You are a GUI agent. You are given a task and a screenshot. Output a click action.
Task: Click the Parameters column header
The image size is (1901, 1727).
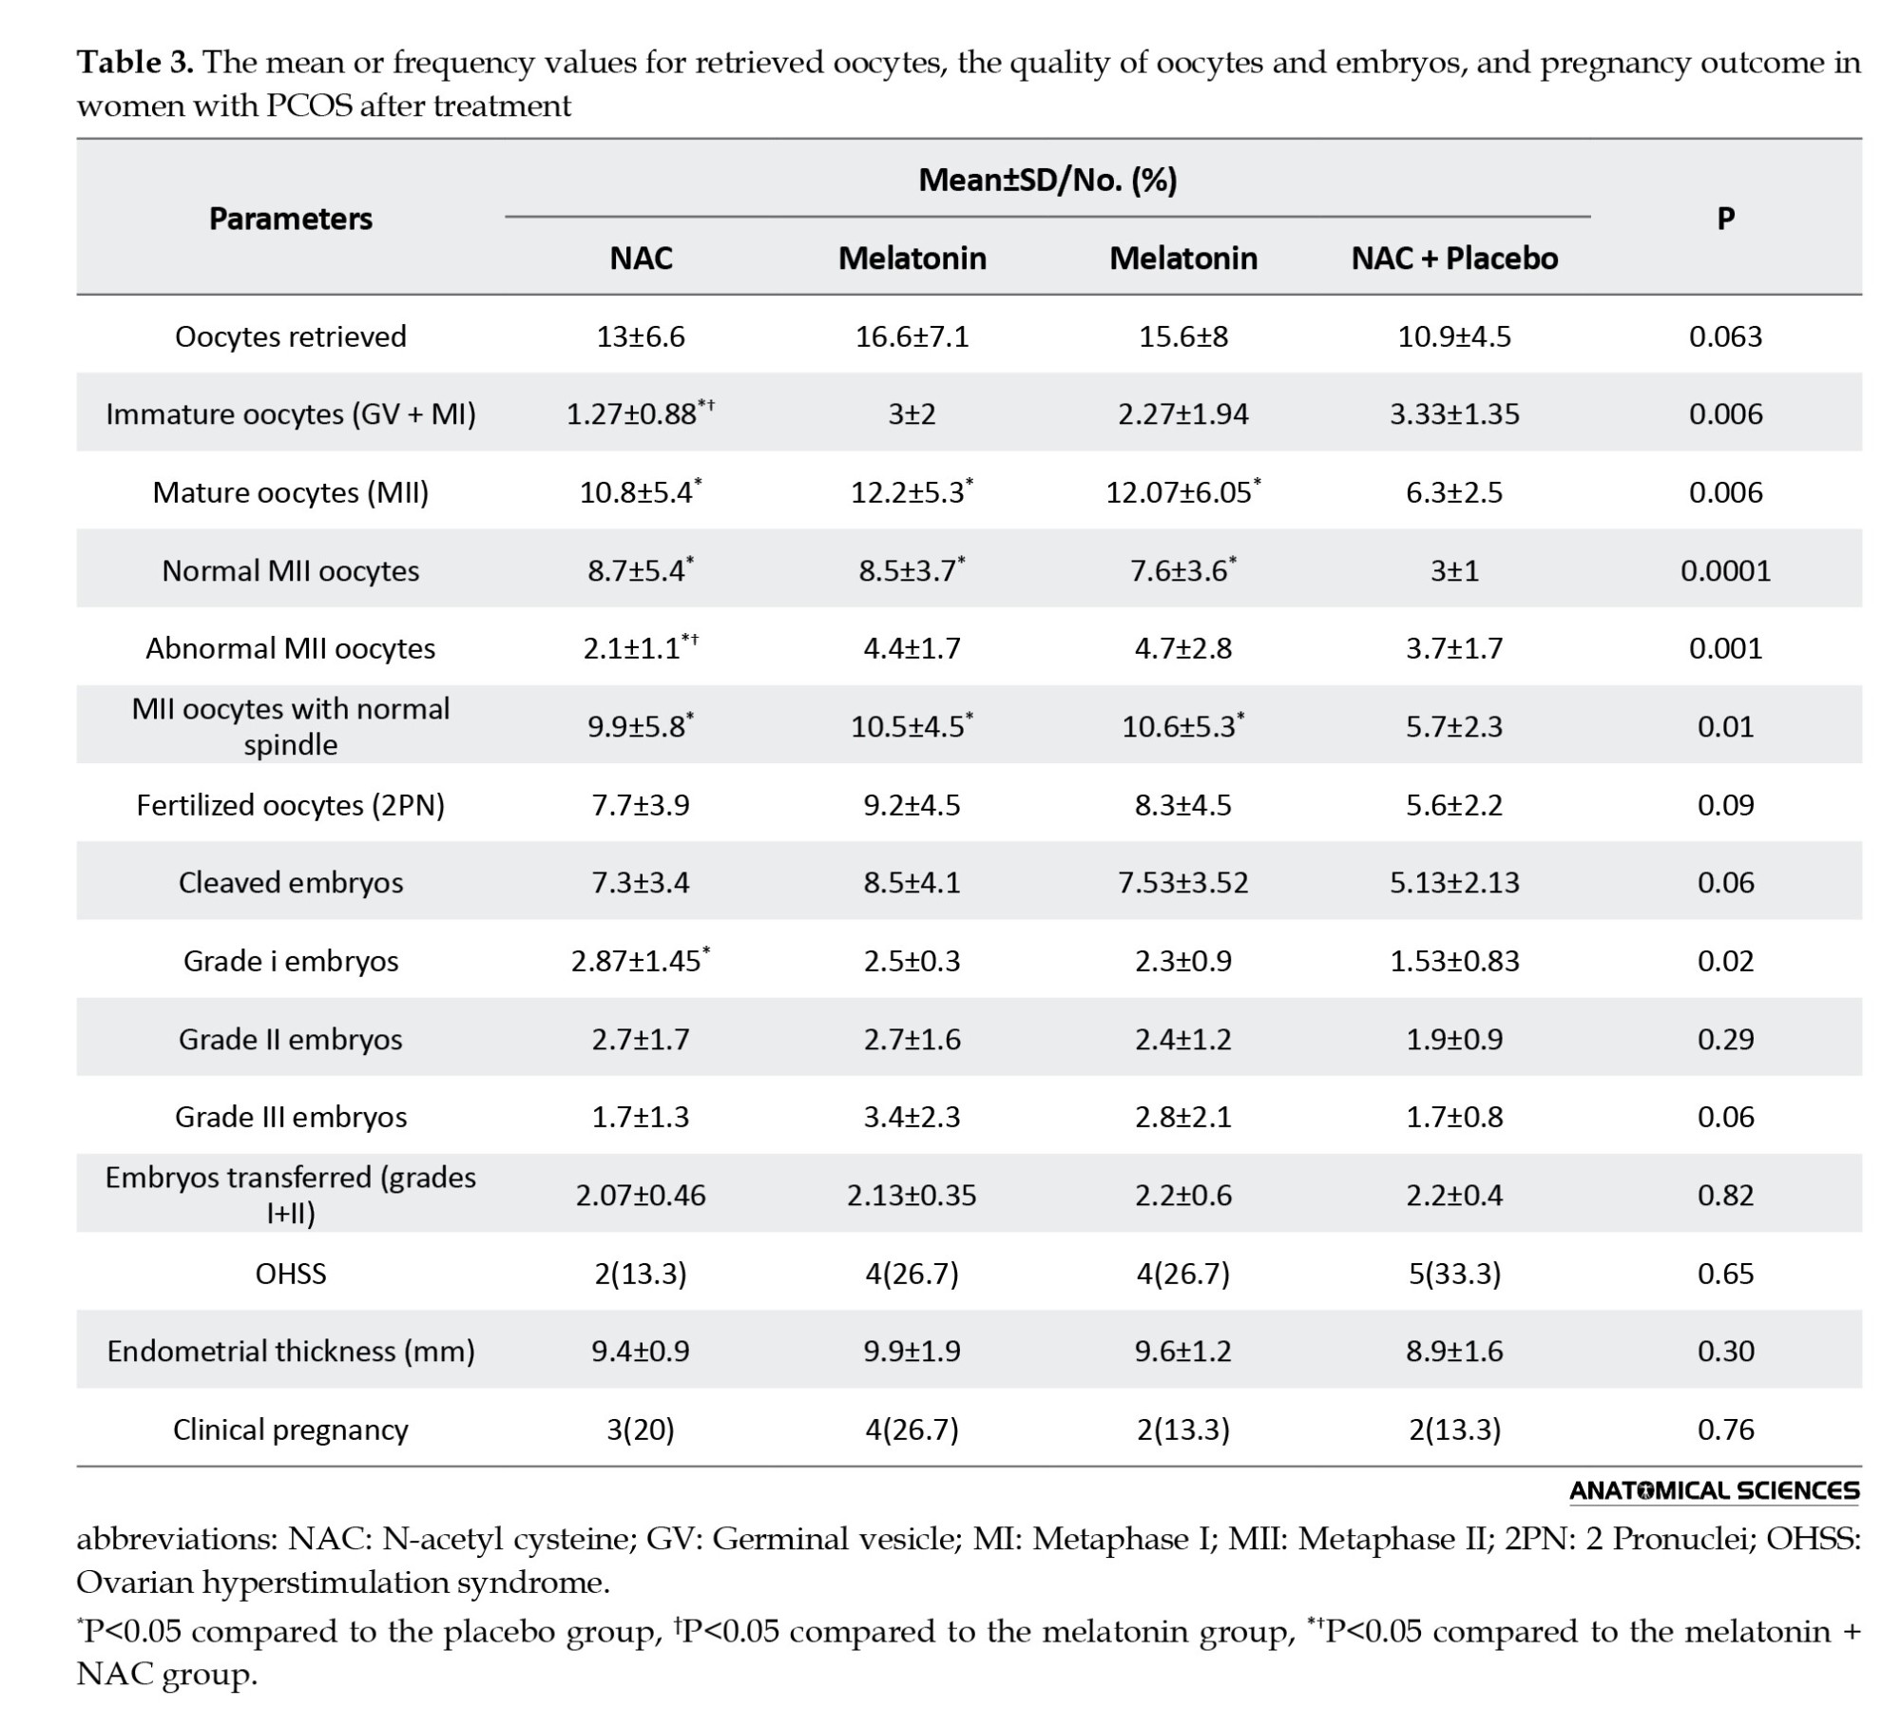coord(291,219)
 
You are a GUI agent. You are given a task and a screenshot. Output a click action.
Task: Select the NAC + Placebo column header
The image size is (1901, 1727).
coord(1454,259)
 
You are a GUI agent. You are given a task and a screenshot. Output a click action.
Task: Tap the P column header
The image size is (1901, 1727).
coord(1725,219)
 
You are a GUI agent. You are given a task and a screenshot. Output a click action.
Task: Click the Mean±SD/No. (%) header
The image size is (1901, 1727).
coord(1047,180)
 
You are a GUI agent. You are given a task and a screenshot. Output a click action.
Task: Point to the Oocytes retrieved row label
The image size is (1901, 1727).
coord(291,336)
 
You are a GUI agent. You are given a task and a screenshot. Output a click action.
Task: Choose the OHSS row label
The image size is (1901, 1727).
coord(291,1273)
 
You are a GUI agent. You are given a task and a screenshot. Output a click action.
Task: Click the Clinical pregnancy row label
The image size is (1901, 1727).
coord(291,1430)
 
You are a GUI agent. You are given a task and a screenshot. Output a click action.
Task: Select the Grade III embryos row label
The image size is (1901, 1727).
coord(291,1117)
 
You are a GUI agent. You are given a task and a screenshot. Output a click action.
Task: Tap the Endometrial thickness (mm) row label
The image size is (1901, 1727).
coord(291,1351)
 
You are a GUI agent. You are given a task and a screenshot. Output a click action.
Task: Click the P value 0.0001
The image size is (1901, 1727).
coord(1725,570)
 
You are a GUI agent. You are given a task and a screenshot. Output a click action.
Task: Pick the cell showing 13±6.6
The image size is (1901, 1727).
coord(641,336)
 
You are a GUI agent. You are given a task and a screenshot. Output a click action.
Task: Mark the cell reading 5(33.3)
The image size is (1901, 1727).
coord(1454,1273)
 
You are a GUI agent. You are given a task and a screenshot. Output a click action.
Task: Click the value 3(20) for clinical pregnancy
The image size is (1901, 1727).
coord(641,1430)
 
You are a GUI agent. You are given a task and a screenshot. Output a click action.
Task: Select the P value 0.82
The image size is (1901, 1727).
coord(1725,1195)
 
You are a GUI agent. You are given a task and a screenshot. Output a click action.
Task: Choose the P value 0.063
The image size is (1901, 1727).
coord(1725,336)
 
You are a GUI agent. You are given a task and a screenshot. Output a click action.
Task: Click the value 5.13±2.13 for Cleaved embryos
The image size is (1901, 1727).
coord(1454,882)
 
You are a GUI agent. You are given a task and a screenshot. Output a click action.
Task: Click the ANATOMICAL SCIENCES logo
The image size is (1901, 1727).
coord(1714,1491)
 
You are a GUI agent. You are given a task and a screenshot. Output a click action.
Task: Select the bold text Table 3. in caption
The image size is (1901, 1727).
coord(135,63)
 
